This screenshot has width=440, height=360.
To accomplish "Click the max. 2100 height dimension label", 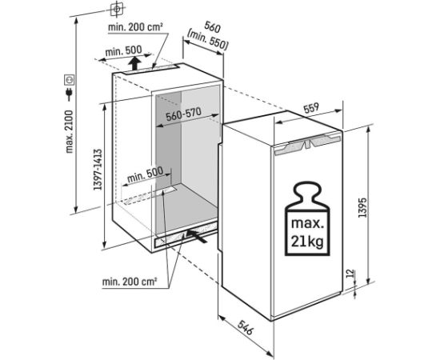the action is click(x=69, y=131).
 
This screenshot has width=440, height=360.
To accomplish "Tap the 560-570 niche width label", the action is click(x=183, y=114).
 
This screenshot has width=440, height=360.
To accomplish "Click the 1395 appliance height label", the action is click(x=362, y=208).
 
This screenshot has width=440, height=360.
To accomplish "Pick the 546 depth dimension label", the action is click(x=246, y=327).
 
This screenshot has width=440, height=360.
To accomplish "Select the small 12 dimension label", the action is click(x=350, y=273).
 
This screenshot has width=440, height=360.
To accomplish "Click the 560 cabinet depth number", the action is click(x=213, y=27).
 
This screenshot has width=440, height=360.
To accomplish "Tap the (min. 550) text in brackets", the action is click(x=207, y=41).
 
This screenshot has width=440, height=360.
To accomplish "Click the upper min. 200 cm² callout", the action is click(x=135, y=27).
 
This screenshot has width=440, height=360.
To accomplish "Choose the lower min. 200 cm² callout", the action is click(x=130, y=282).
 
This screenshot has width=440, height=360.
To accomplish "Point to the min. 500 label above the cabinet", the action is click(x=123, y=51).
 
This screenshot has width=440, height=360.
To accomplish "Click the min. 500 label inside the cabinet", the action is click(x=145, y=174).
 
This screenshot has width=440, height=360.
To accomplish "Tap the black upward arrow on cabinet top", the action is click(x=135, y=63).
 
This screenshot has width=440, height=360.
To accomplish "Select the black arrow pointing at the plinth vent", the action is click(x=198, y=236).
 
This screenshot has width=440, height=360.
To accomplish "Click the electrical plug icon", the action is click(x=69, y=94).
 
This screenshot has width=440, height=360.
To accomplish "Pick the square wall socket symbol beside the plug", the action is click(x=69, y=80).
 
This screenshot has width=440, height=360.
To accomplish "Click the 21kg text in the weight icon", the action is click(x=307, y=241).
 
